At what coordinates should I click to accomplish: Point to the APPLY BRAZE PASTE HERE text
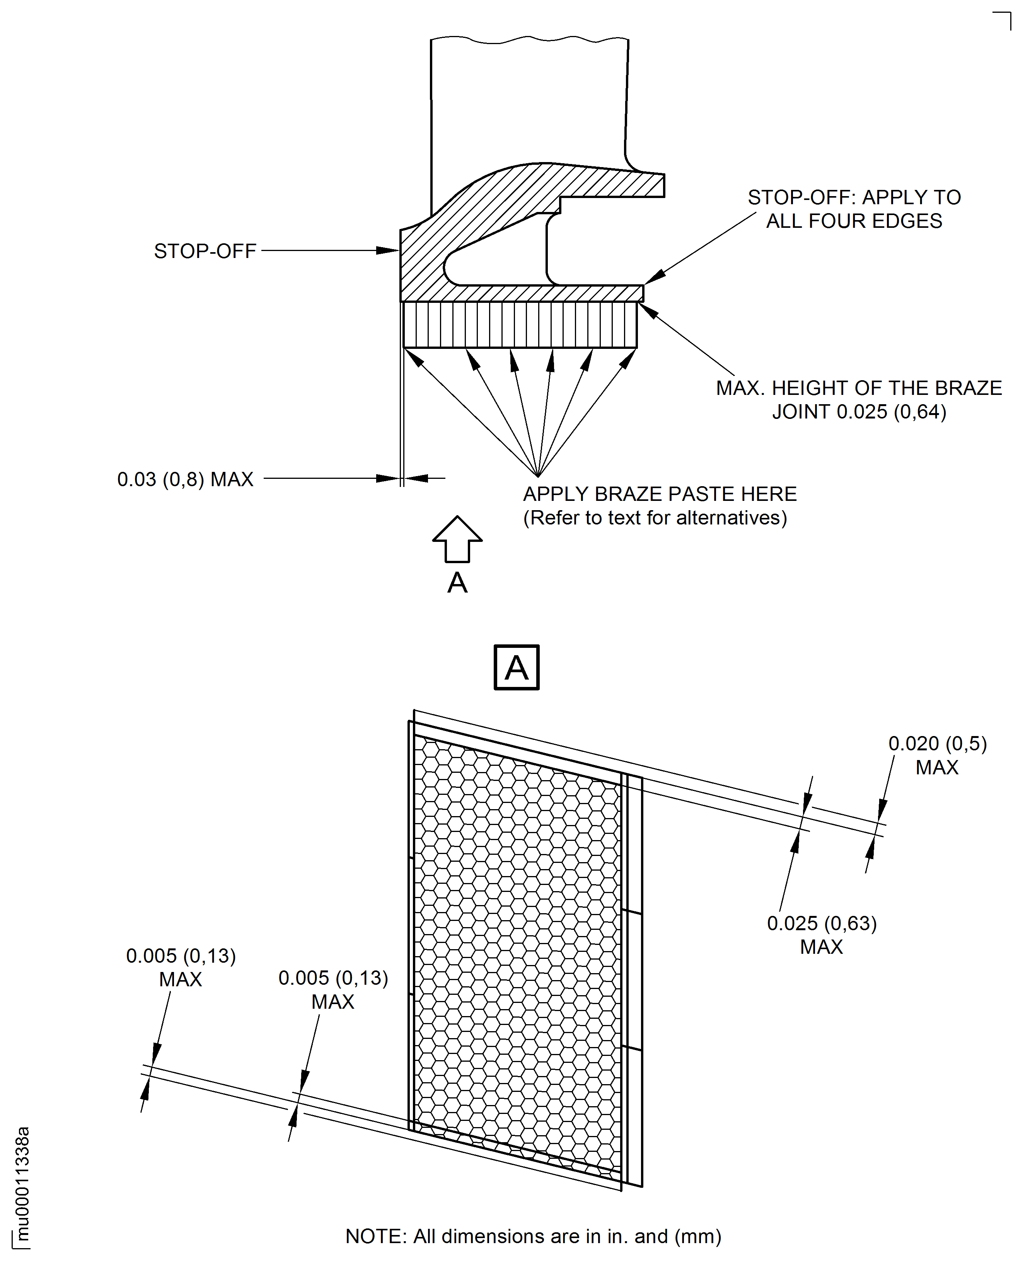[x=660, y=494]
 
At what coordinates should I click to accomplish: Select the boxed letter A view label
[x=516, y=667]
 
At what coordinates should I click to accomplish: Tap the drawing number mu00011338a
[x=22, y=1185]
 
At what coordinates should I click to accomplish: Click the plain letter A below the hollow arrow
[x=457, y=583]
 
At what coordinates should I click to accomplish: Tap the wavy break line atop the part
[x=529, y=39]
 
